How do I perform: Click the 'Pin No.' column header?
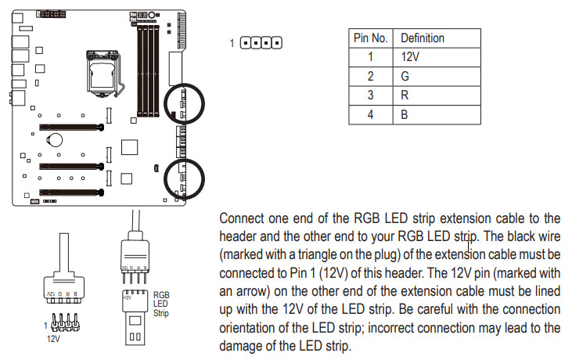[372, 38]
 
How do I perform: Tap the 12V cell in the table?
[412, 56]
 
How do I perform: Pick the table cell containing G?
[405, 76]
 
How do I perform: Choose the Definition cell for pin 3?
[405, 95]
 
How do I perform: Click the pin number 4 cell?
[372, 114]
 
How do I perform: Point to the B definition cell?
[405, 114]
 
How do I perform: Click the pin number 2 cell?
[372, 76]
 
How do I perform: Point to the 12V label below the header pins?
[53, 340]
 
